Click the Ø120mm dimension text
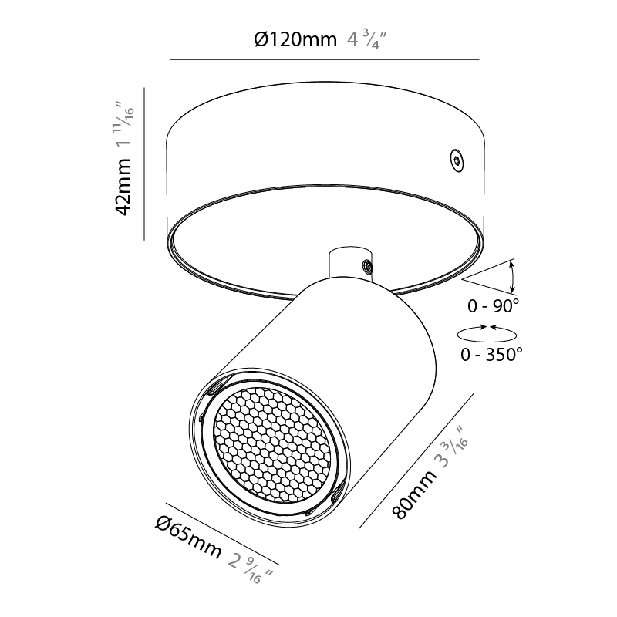pyautogui.click(x=295, y=39)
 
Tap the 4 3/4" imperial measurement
pyautogui.click(x=367, y=40)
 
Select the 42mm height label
pyautogui.click(x=123, y=187)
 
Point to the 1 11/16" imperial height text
pyautogui.click(x=124, y=126)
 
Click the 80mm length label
pyautogui.click(x=414, y=493)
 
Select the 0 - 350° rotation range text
pyautogui.click(x=491, y=355)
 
